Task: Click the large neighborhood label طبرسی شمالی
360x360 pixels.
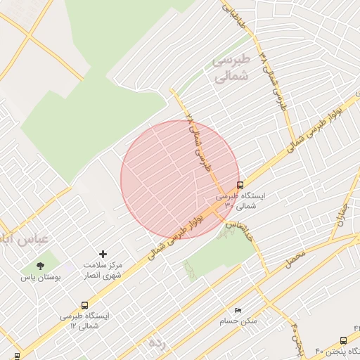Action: click(231, 68)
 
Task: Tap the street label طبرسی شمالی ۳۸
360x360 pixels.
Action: click(274, 79)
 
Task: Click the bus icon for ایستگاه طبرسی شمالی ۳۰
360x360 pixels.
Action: click(241, 186)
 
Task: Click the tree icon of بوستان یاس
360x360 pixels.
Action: click(40, 266)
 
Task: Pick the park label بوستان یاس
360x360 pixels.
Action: click(41, 278)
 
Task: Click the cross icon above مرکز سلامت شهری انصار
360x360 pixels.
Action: click(103, 253)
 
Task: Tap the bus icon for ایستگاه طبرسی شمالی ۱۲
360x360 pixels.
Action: click(85, 305)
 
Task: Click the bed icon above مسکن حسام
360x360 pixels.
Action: click(238, 310)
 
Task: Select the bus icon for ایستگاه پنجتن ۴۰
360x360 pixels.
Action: click(343, 340)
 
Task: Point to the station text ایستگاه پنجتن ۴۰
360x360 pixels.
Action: click(337, 352)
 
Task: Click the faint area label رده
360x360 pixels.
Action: click(155, 342)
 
